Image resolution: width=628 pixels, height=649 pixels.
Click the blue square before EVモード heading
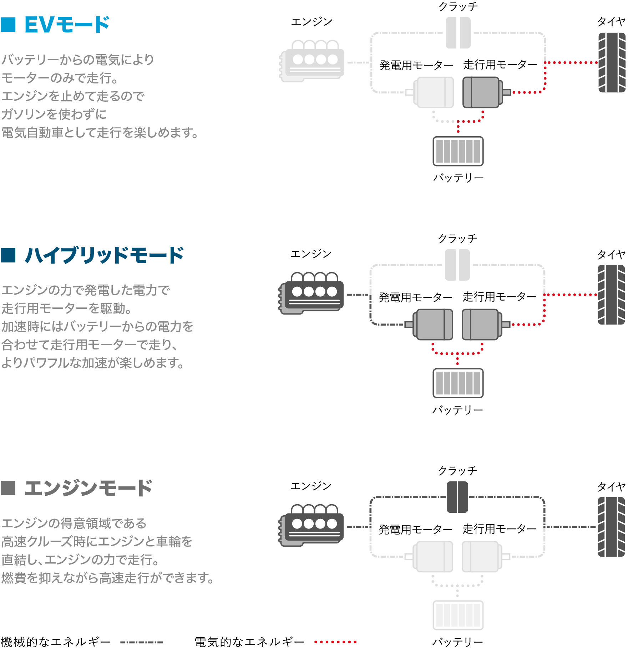[8, 25]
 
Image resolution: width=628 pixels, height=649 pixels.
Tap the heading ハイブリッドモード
[104, 255]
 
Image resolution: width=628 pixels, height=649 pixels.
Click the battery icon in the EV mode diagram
[458, 151]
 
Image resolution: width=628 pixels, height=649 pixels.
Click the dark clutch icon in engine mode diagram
[457, 497]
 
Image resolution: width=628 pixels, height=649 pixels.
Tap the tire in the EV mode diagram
[612, 62]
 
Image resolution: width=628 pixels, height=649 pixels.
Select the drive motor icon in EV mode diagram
[483, 92]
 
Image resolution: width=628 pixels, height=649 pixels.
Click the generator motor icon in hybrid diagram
[433, 324]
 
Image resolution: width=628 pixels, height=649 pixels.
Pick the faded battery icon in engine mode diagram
[458, 615]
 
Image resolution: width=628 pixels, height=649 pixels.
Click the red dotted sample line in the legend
[335, 642]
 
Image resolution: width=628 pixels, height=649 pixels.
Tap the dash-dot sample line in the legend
[142, 642]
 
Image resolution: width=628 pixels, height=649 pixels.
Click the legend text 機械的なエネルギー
[55, 642]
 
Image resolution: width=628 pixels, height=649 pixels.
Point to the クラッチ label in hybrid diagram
[457, 239]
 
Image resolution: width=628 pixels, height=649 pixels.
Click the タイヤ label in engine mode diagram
[611, 486]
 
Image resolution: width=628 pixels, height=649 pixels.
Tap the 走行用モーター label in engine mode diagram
[499, 529]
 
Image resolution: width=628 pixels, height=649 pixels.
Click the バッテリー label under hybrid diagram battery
[457, 410]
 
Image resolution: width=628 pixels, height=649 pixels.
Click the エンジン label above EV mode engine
[312, 22]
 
